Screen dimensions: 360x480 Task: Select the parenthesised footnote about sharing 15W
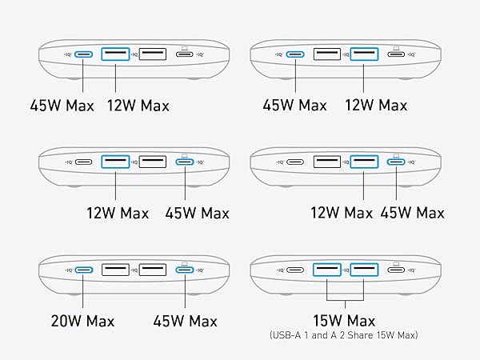point(346,336)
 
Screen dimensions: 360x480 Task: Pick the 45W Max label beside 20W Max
point(185,322)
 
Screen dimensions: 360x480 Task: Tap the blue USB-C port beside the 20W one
point(185,270)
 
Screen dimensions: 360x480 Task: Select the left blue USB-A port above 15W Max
point(326,270)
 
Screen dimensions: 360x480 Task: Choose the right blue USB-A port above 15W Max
point(364,270)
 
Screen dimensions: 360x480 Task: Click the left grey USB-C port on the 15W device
point(295,270)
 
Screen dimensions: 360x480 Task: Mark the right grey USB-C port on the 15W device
point(396,270)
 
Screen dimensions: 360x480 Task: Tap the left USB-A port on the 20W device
point(115,270)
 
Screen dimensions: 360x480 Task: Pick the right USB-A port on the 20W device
point(153,270)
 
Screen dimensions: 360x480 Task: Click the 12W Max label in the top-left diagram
point(138,106)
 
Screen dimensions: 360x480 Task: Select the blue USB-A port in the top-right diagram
point(364,55)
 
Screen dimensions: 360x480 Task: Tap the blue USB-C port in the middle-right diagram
point(396,162)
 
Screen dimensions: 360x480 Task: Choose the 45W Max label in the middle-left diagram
point(198,214)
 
